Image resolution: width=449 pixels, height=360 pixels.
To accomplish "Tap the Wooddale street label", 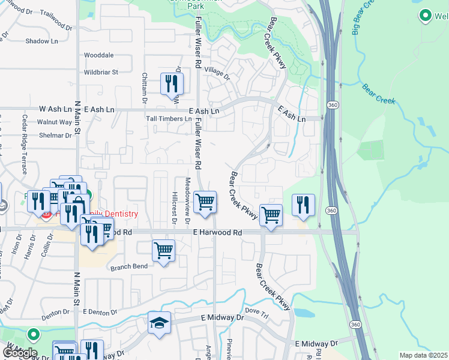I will click(99, 55).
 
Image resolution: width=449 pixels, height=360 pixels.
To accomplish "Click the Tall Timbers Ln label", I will click(169, 119).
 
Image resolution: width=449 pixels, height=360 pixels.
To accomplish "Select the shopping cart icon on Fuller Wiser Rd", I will click(205, 202).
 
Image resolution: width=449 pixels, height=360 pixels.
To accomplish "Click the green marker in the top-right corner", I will click(426, 15).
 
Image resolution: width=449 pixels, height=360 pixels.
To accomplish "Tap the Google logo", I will click(19, 352).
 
